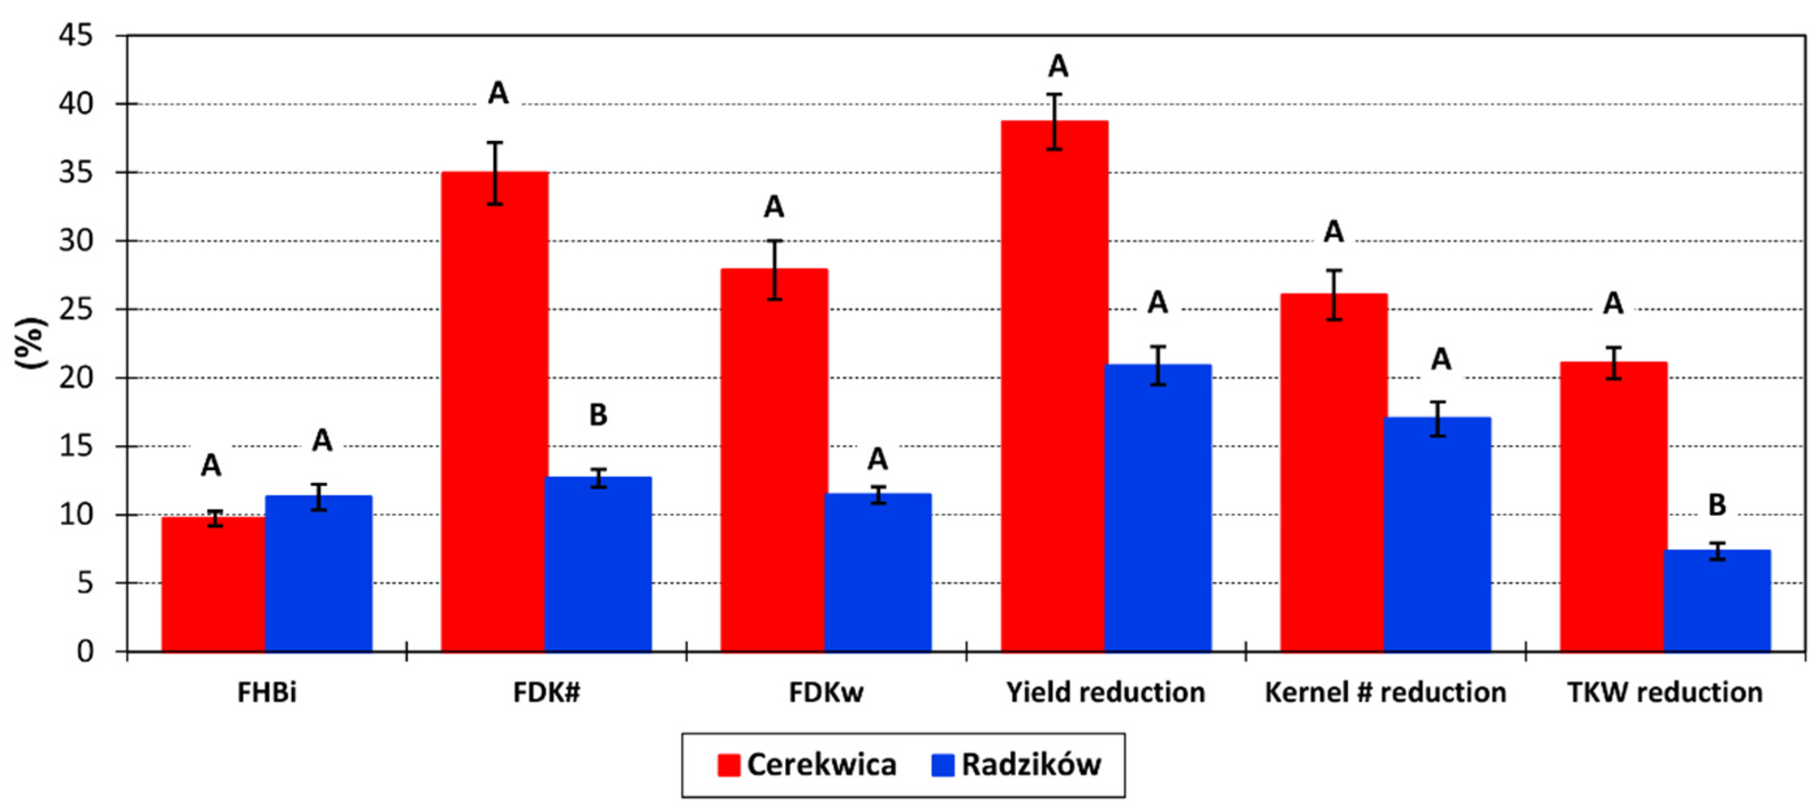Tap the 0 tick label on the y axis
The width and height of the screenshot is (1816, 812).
tap(84, 651)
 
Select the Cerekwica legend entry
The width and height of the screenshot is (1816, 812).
tap(807, 765)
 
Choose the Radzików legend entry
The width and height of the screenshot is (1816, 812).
tap(1016, 765)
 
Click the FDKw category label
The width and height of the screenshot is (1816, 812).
tap(826, 693)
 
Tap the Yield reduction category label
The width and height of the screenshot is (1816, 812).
tap(1105, 693)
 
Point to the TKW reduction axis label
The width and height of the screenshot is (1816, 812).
tap(1665, 693)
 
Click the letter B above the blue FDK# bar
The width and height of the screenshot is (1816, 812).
tap(598, 414)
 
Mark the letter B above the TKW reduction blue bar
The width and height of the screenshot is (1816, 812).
tap(1717, 504)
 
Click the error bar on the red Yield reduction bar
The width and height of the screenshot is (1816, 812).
tap(1054, 121)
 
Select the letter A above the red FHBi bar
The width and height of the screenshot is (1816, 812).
tap(211, 465)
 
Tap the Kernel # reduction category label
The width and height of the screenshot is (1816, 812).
tap(1386, 693)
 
